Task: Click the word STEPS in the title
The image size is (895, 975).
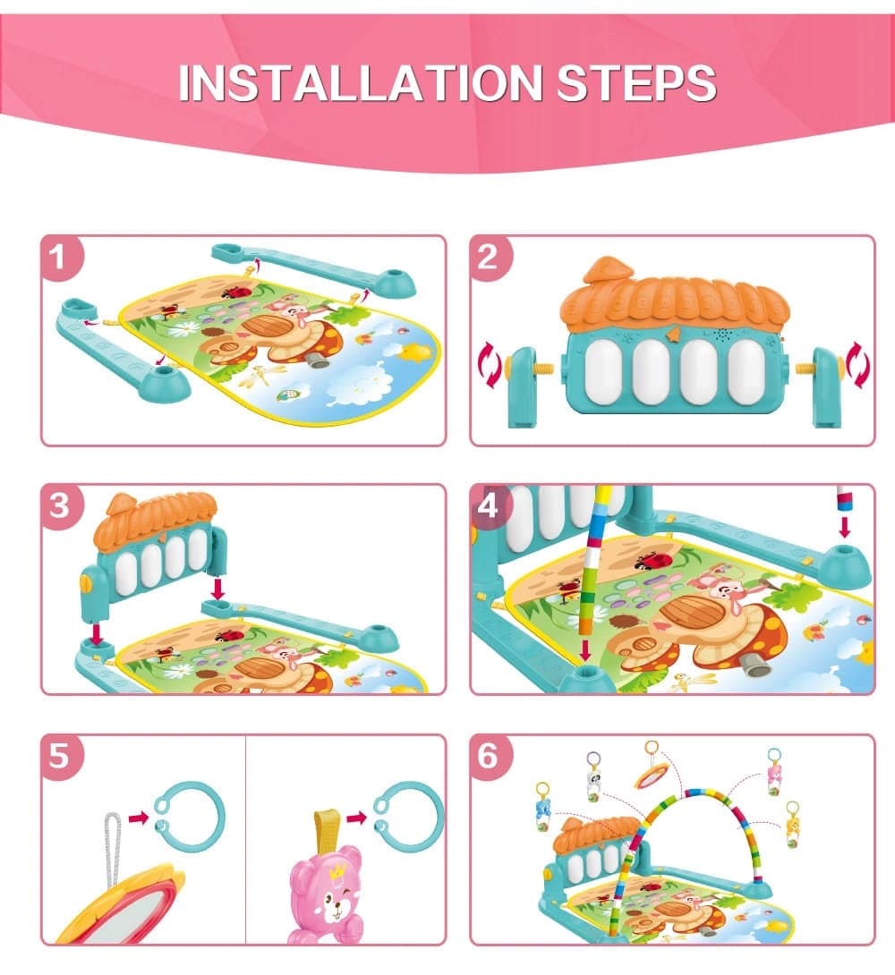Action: coord(636,82)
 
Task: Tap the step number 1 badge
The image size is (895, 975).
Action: coord(59,260)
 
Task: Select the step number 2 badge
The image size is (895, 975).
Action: coord(488,259)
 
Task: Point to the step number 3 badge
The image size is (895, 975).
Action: coord(59,508)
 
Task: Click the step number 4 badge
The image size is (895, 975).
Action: coord(488,507)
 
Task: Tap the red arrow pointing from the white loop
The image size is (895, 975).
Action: coord(137,818)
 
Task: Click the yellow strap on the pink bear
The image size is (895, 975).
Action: coord(326,827)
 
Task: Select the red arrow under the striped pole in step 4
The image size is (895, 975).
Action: coord(585,649)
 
